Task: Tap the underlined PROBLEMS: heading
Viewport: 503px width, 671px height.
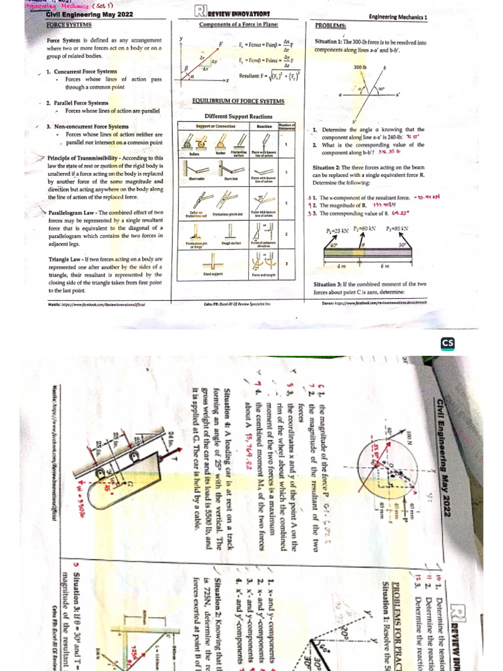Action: point(330,25)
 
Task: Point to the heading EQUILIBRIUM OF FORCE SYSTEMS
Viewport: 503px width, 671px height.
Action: point(238,101)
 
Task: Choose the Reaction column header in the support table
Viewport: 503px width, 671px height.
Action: point(264,126)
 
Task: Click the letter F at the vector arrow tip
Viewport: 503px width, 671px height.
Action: point(221,43)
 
